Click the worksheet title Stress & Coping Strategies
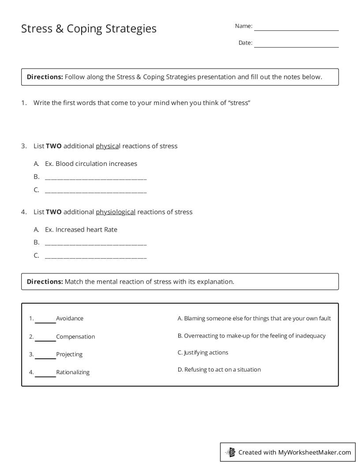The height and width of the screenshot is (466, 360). click(x=89, y=29)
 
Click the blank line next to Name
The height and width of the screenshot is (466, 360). click(x=296, y=29)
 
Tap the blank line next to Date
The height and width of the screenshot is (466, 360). click(x=296, y=46)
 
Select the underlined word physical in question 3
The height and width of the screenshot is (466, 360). click(x=108, y=146)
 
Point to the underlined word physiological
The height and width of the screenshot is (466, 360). click(x=116, y=212)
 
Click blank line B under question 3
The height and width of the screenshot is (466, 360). click(x=96, y=178)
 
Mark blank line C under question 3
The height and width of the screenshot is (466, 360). click(x=96, y=192)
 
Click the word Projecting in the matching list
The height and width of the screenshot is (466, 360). click(x=69, y=354)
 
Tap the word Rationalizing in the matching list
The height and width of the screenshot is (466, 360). click(x=73, y=372)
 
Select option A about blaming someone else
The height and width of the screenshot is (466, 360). click(x=254, y=318)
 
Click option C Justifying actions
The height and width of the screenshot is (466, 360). click(x=203, y=353)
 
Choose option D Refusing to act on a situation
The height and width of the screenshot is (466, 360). click(x=219, y=369)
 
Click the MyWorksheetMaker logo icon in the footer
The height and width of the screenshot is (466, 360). click(x=231, y=452)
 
